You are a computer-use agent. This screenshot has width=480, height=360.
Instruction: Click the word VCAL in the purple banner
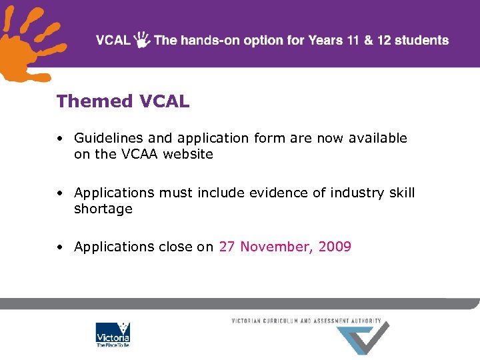(x=113, y=40)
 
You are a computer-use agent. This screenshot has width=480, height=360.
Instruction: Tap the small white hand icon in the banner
(x=142, y=40)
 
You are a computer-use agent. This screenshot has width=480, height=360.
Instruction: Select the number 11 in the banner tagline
(x=354, y=40)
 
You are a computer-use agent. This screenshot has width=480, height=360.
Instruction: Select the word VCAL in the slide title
(x=164, y=101)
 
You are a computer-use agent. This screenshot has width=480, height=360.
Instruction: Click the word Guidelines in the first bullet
(x=109, y=138)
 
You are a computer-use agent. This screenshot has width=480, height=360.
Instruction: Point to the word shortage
(x=103, y=209)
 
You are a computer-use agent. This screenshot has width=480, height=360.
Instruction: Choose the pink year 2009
(x=335, y=247)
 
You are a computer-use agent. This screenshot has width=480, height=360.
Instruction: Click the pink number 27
(x=227, y=247)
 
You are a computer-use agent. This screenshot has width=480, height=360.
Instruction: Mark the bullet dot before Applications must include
(x=60, y=193)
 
